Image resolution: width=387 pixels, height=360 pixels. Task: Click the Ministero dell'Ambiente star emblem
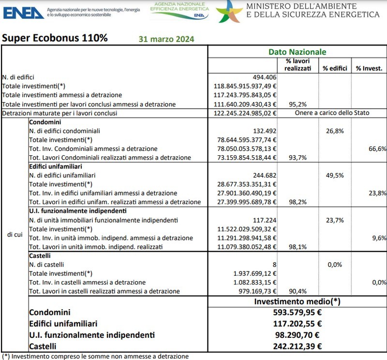point(229,11)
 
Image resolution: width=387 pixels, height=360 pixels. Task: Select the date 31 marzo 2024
point(166,39)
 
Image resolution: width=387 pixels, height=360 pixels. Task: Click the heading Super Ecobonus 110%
point(55,38)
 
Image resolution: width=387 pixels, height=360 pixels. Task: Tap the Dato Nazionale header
point(297,52)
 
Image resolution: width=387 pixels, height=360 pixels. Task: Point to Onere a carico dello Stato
point(332,113)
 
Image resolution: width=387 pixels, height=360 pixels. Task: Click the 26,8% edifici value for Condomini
point(334,131)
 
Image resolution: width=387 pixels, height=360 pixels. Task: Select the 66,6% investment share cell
point(377,149)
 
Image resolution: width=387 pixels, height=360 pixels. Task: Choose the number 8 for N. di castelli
point(274,264)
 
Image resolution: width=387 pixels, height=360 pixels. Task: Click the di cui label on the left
point(14,234)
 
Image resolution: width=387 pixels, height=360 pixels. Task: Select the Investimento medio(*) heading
point(297,301)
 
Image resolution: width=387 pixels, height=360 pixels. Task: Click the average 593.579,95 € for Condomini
point(297,313)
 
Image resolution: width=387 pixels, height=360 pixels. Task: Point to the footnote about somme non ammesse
point(95,356)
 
